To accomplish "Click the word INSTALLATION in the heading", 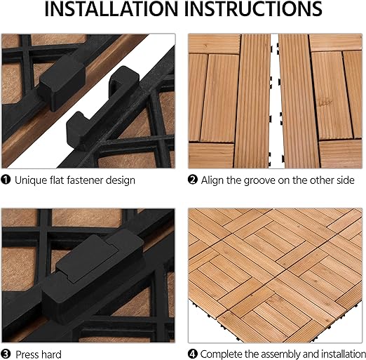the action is [111, 9].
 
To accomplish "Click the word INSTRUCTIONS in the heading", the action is [253, 9].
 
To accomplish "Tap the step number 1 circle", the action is [6, 180].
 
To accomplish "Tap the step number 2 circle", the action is [193, 180].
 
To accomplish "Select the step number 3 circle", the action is [6, 354].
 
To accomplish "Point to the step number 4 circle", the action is [193, 354].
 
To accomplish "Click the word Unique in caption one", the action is [31, 180].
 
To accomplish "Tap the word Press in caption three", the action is [27, 354].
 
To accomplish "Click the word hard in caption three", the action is [51, 354].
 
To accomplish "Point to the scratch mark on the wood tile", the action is [325, 103].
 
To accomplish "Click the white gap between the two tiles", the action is [276, 100].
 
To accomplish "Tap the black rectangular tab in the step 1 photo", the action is [62, 83].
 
